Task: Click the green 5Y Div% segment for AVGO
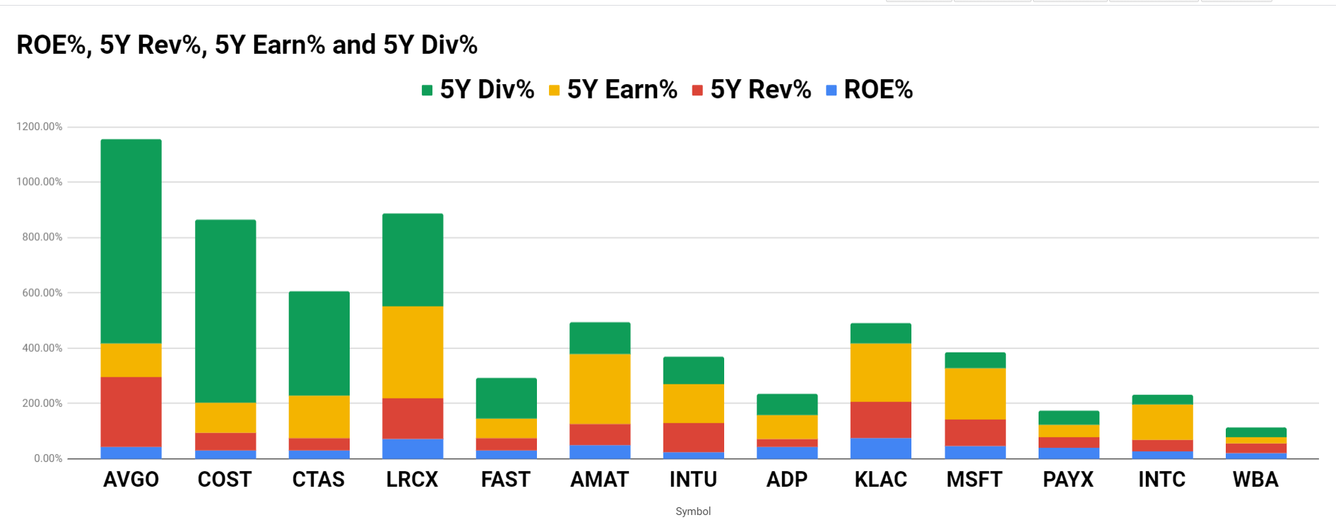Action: coord(131,241)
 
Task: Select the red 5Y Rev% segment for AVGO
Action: coord(131,411)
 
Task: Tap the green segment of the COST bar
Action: coord(225,311)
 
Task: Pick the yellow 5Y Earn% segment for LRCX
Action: coord(413,352)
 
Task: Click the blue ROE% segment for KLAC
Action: coord(880,448)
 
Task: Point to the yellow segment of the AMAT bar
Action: coord(600,389)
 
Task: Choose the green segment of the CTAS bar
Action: coord(319,343)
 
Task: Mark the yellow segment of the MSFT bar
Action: coord(974,394)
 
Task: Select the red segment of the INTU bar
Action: coord(693,437)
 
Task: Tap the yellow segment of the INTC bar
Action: coord(1161,422)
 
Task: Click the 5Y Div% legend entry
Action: coord(478,90)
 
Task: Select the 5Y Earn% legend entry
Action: coord(613,90)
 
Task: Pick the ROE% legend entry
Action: coord(870,90)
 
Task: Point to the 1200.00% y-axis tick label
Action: coord(40,126)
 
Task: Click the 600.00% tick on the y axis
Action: coord(42,292)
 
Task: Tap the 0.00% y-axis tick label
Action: coord(48,459)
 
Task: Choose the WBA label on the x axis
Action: coord(1255,480)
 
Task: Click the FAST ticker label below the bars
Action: coord(506,480)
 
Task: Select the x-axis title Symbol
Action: coord(692,511)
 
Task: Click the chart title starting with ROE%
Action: coord(247,45)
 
